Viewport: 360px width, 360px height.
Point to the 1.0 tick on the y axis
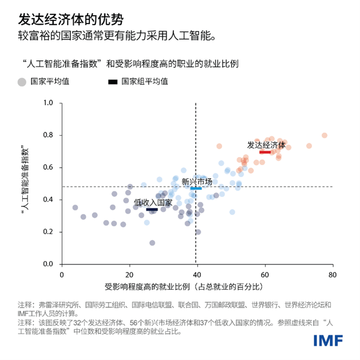[x=49, y=103]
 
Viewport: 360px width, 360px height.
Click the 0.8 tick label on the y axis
[x=49, y=136]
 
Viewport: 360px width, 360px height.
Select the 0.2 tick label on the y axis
[x=49, y=232]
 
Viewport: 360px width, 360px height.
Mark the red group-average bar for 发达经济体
[x=265, y=152]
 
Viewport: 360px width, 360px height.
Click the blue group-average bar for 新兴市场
[x=196, y=188]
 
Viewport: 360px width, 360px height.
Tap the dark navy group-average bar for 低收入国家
[x=152, y=209]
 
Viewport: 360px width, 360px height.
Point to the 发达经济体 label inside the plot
[x=266, y=145]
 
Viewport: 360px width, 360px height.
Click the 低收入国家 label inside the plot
[x=153, y=202]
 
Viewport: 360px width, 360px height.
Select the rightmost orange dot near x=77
[x=324, y=136]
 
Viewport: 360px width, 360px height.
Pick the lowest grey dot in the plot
[x=152, y=243]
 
